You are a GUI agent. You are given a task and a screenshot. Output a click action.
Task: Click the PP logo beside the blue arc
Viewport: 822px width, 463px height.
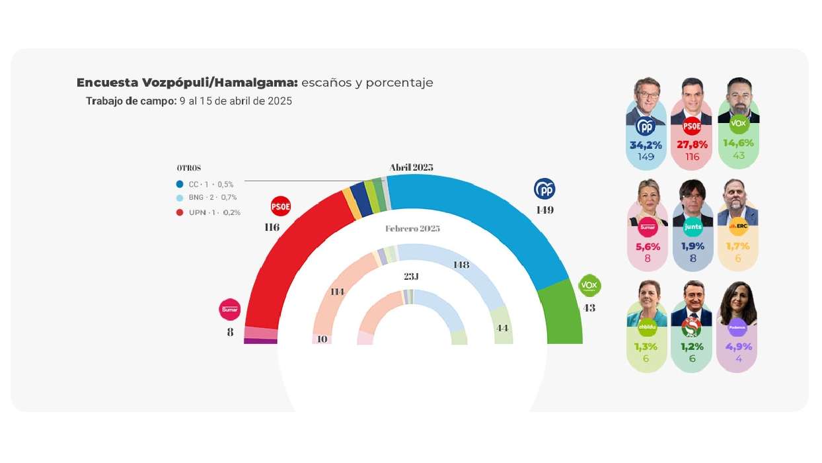[x=544, y=189]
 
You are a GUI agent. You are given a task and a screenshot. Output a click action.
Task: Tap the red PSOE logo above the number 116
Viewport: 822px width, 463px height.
[x=281, y=206]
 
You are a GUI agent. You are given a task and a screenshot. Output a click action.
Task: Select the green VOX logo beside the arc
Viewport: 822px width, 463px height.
[x=589, y=285]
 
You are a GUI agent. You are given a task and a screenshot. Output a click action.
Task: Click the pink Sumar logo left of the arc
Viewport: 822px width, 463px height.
[x=230, y=309]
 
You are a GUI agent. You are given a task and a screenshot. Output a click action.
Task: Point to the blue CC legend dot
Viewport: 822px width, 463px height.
[x=180, y=185]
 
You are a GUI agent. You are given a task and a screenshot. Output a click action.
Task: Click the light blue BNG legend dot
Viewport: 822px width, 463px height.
[x=180, y=198]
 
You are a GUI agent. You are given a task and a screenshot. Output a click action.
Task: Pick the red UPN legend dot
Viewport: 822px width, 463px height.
[x=180, y=212]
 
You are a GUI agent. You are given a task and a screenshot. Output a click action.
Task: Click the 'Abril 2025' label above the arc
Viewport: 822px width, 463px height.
[x=411, y=167]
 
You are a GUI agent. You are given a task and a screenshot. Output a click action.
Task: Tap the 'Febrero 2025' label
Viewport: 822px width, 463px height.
[x=412, y=228]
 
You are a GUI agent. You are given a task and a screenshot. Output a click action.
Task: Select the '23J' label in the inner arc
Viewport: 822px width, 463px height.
[x=411, y=276]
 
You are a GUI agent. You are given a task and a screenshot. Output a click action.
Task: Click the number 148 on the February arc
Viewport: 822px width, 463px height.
[x=461, y=265]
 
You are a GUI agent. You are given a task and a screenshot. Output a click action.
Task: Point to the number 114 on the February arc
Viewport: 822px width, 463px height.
[x=337, y=291]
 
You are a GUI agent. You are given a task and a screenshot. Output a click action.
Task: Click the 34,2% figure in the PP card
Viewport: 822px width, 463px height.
[x=646, y=145]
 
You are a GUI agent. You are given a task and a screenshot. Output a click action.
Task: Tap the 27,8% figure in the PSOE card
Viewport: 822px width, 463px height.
[x=692, y=145]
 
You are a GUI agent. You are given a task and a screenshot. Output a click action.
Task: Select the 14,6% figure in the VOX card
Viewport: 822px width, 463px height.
[x=738, y=143]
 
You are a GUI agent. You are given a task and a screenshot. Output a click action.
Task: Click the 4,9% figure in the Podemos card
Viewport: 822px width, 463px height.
[x=738, y=347]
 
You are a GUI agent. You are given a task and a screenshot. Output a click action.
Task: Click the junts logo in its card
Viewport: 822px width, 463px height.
[x=693, y=226]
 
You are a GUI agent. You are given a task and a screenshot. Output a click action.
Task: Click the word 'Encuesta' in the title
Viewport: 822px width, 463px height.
[x=107, y=83]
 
